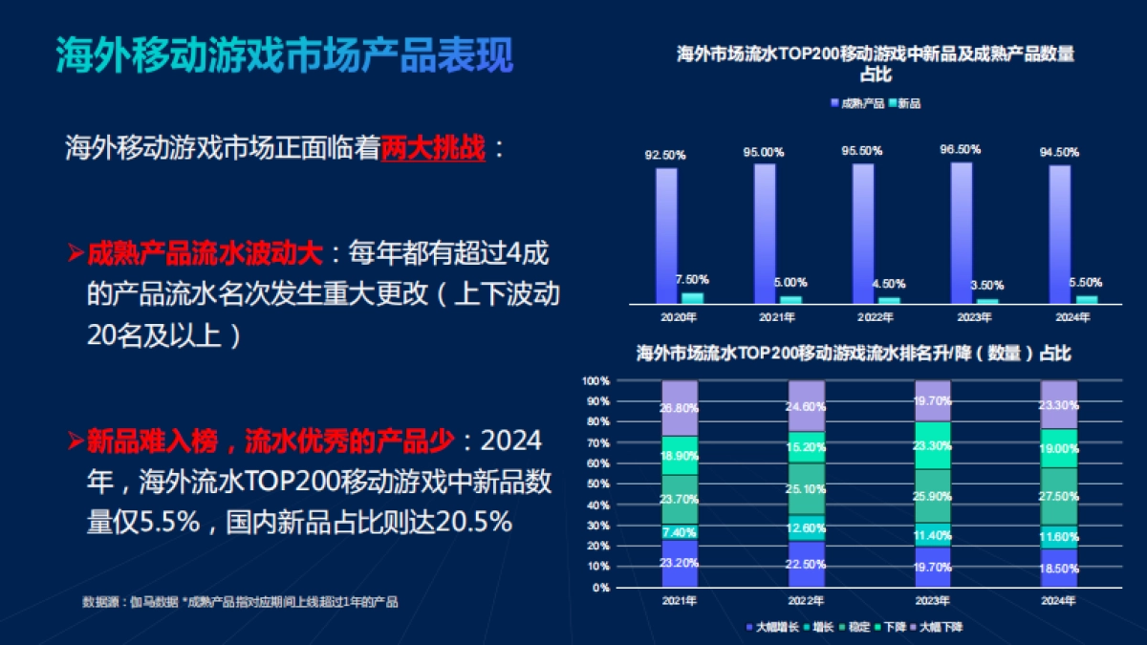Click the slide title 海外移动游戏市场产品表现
[284, 56]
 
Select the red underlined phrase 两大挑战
[433, 149]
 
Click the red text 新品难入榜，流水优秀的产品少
[268, 441]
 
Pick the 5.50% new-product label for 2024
[1083, 282]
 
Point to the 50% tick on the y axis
[596, 484]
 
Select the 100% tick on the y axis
[595, 381]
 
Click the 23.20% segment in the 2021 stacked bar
[680, 564]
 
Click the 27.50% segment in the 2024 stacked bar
[1059, 496]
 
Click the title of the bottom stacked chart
[853, 354]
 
